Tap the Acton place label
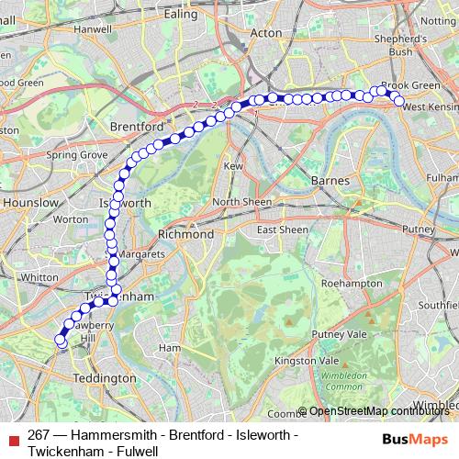click(266, 32)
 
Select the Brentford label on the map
click(136, 125)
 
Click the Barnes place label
click(330, 181)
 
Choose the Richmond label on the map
click(186, 234)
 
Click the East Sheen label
click(282, 229)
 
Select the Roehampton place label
click(353, 285)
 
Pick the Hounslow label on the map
click(29, 202)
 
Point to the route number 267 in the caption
click(38, 434)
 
